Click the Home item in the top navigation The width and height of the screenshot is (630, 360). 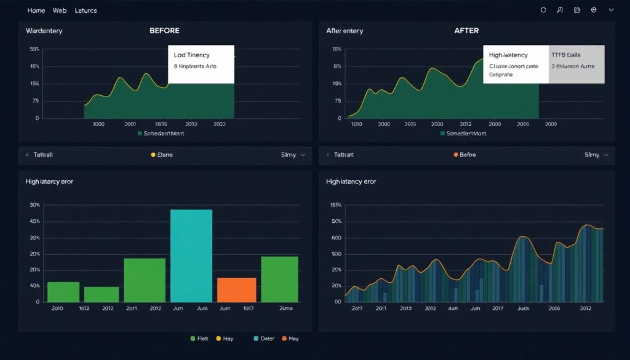point(36,10)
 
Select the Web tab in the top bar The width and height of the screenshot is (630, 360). point(60,10)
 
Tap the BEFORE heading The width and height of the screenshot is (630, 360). point(165,30)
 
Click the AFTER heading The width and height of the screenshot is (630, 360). point(466,30)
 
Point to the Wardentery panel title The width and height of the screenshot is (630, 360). point(44,30)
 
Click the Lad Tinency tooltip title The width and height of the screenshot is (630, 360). point(193,55)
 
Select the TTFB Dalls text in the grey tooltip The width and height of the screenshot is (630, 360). point(565,55)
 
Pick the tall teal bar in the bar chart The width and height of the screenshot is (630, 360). point(191,255)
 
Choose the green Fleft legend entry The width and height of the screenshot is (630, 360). point(200,338)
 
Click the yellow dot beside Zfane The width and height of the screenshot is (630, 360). point(153,155)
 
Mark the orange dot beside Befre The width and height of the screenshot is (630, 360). point(456,155)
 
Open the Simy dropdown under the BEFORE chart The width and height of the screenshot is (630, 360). point(293,155)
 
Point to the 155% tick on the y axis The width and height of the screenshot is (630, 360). point(336,205)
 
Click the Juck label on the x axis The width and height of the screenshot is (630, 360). point(523,308)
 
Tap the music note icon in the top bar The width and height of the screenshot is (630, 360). point(560,10)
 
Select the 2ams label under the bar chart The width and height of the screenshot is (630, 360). point(285,308)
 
